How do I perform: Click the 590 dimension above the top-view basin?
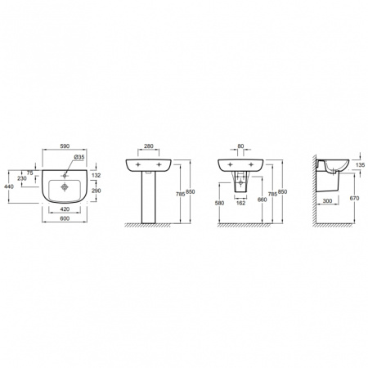coord(65,146)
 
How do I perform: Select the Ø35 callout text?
coord(79,157)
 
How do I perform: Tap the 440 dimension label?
coord(8,186)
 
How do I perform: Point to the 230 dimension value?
coord(22,178)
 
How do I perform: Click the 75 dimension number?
coord(30,173)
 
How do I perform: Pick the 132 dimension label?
coord(96,176)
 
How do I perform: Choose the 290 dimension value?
coord(96,191)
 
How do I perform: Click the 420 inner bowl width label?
coord(65,209)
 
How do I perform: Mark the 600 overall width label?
coord(65,218)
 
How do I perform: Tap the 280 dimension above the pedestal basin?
coord(149,146)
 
